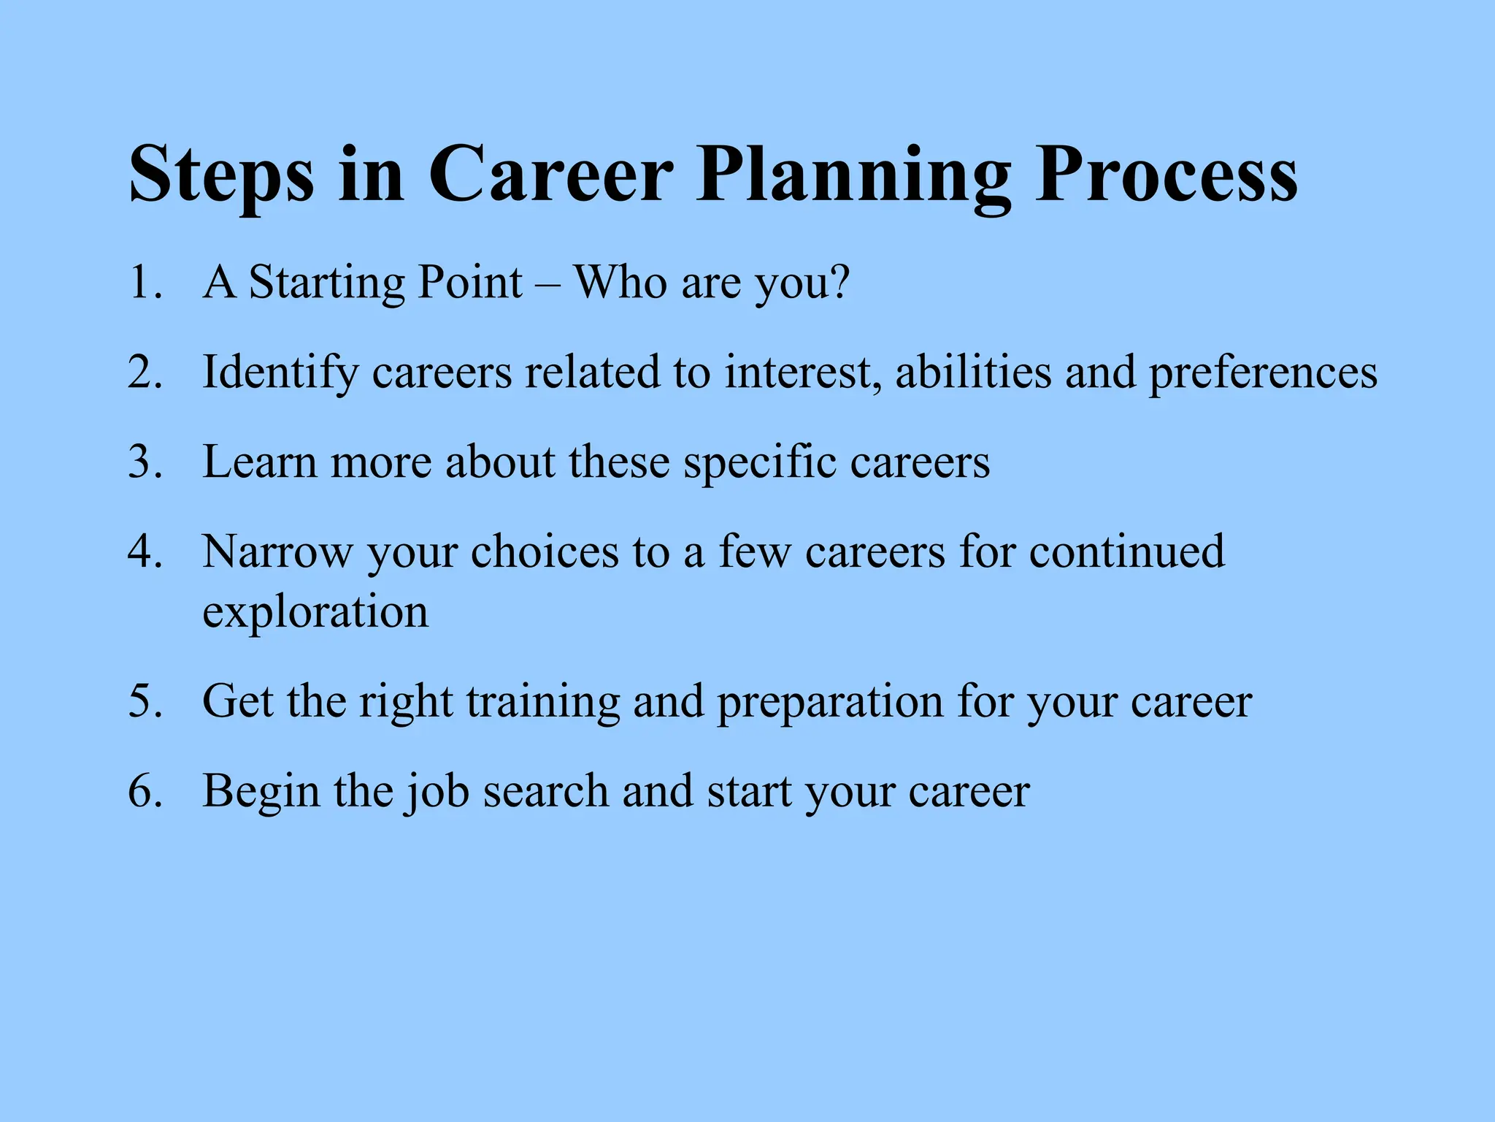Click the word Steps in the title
click(x=221, y=175)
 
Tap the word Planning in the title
click(x=853, y=175)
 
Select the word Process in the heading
click(x=1167, y=175)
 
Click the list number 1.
click(x=143, y=282)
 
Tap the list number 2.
click(x=144, y=372)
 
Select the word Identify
click(x=280, y=373)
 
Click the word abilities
click(x=974, y=372)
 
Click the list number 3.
click(x=144, y=462)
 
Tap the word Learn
click(x=260, y=462)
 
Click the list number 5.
click(x=144, y=701)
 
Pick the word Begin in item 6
click(x=261, y=793)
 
